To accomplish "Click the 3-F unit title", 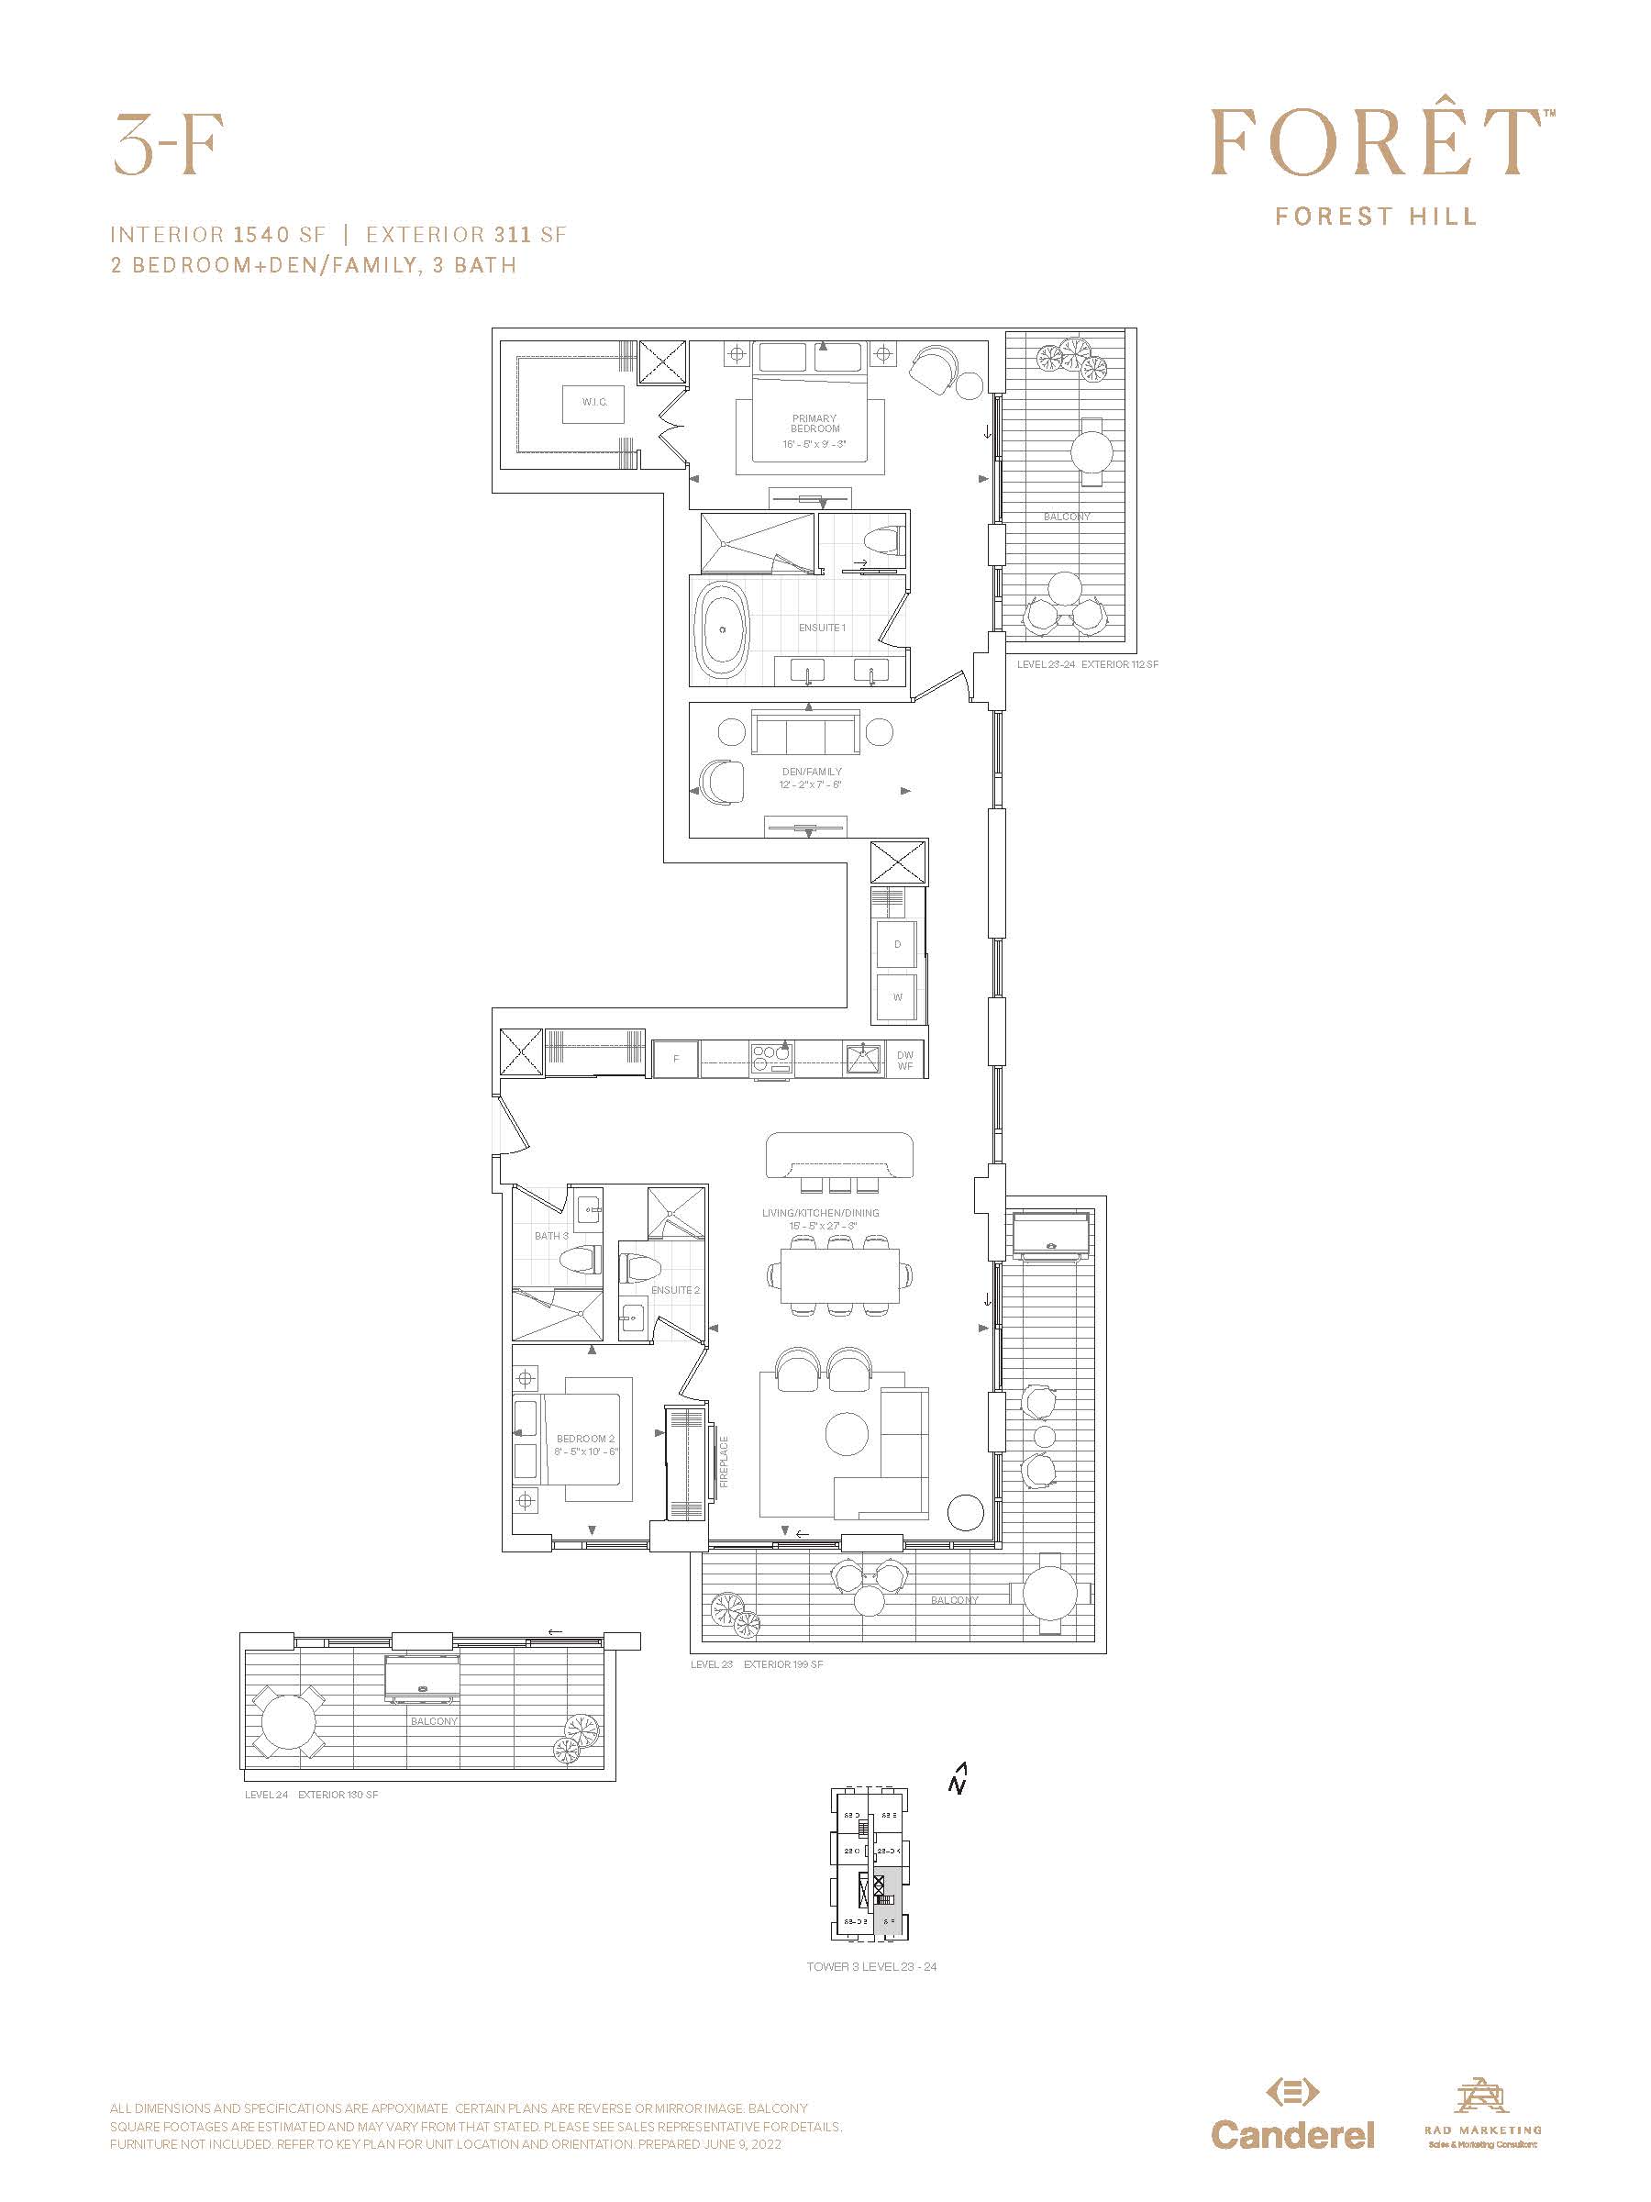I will point(168,145).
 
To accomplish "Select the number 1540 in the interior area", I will point(261,235).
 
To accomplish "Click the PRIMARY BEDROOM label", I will point(814,424).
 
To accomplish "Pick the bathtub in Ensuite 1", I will point(724,630).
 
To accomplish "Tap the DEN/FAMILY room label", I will point(811,772).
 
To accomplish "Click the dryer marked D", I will point(897,945).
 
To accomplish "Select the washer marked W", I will point(897,997).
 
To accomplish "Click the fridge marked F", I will point(676,1059).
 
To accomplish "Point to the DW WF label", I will point(904,1061).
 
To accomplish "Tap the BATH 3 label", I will point(550,1237).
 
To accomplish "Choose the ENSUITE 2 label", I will point(675,1290).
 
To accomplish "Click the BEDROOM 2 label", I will point(585,1439).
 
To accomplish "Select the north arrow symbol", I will point(958,1779).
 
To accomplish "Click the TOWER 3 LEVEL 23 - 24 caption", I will point(870,1967).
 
